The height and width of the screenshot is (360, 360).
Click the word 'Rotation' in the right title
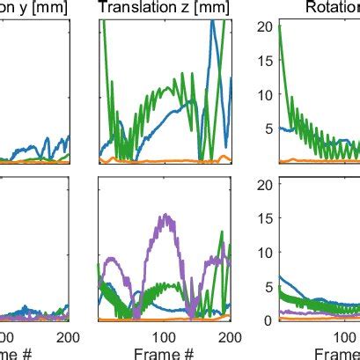[x=332, y=8]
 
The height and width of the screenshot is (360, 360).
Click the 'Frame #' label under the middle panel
[x=163, y=352]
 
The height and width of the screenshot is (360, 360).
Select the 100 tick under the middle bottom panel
[x=164, y=337]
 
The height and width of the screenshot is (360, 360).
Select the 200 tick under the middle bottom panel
[x=230, y=337]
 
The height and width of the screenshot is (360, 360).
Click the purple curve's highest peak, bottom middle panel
[x=164, y=214]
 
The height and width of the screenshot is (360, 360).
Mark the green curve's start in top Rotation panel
[x=278, y=26]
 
